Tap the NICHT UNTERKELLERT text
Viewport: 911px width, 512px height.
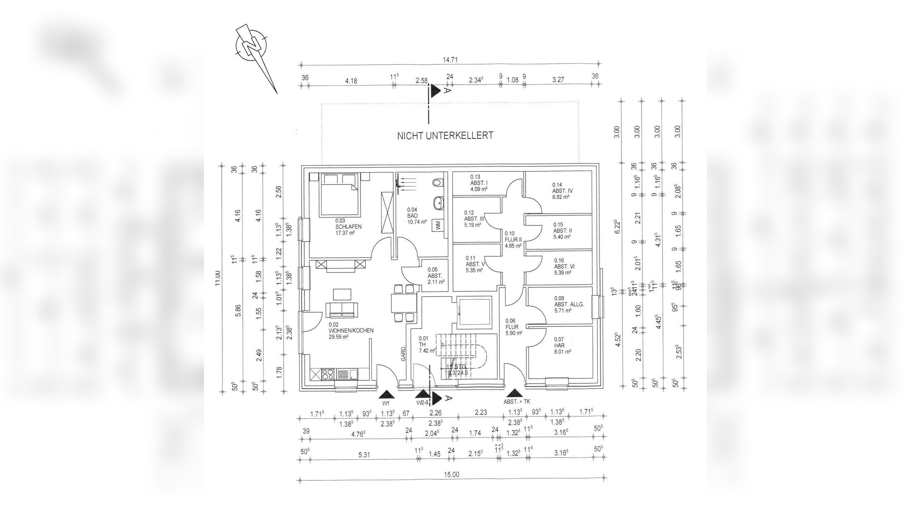[445, 135]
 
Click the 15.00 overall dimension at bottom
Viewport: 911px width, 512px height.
[452, 475]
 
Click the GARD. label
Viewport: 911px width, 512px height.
[404, 354]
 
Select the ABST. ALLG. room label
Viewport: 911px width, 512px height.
[569, 304]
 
